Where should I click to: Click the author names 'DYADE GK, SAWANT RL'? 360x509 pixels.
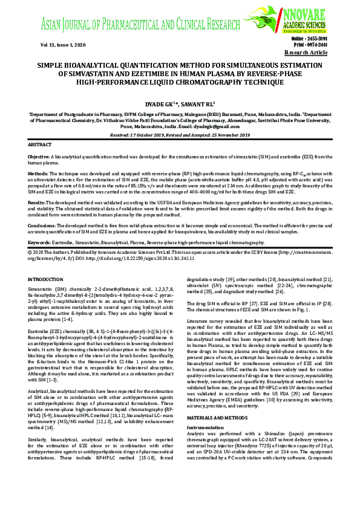click(x=180, y=103)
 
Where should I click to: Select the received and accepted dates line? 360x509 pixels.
click(x=180, y=135)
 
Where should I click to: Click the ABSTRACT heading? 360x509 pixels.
click(x=41, y=146)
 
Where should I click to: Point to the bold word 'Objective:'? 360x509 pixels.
click(x=39, y=157)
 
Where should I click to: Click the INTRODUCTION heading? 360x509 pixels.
click(x=47, y=279)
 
